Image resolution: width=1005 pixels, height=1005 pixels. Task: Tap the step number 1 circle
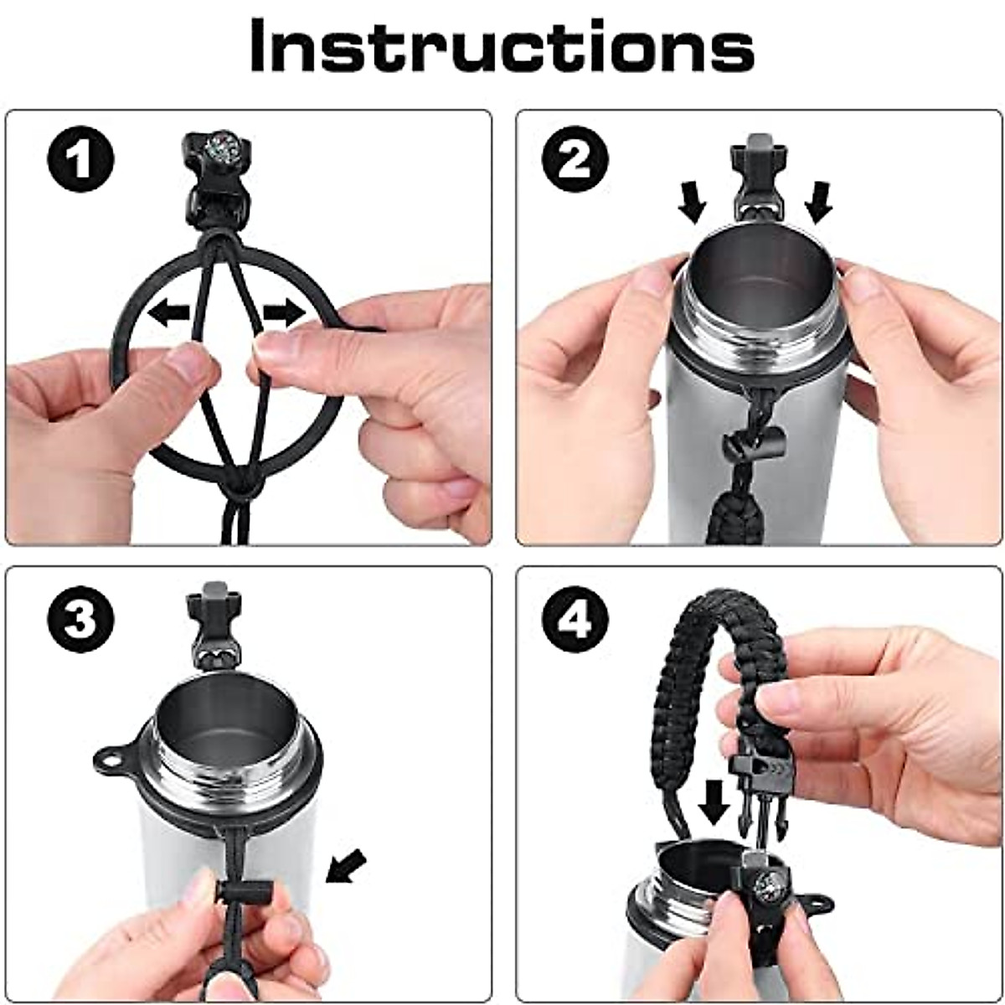pyautogui.click(x=81, y=158)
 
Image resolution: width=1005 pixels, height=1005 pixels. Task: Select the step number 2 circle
pyautogui.click(x=575, y=158)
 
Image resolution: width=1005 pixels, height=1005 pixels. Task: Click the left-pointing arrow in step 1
pyautogui.click(x=168, y=313)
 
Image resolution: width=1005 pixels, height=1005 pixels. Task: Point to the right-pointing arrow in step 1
pyautogui.click(x=284, y=313)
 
